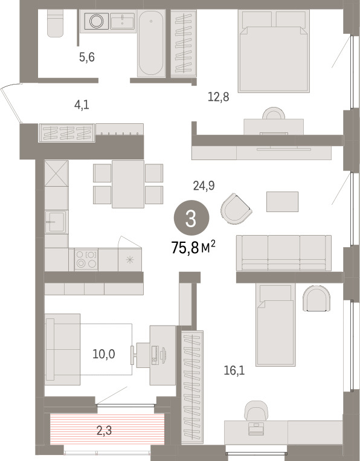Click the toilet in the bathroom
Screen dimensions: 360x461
pos(55,23)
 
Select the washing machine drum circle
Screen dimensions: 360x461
pos(97,21)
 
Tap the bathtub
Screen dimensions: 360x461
pos(151,44)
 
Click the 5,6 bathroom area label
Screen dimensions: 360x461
pos(87,57)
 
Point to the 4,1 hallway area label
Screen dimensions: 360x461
pos(82,105)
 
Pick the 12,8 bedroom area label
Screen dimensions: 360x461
pos(218,97)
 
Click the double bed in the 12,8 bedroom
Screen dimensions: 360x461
pos(274,51)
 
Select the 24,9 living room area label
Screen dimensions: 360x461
pos(204,185)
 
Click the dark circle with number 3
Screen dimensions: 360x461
pos(191,218)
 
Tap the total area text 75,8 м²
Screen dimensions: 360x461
pos(193,248)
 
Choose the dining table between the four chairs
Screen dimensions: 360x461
pos(128,184)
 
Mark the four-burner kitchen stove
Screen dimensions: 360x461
pos(86,259)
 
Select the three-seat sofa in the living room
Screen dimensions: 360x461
pos(284,253)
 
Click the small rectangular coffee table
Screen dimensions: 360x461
pos(283,202)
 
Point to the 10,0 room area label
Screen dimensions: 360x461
pos(104,354)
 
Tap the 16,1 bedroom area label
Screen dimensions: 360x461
pos(234,371)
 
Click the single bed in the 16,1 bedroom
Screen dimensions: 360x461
pos(275,324)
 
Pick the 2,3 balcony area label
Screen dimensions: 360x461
pos(104,431)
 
